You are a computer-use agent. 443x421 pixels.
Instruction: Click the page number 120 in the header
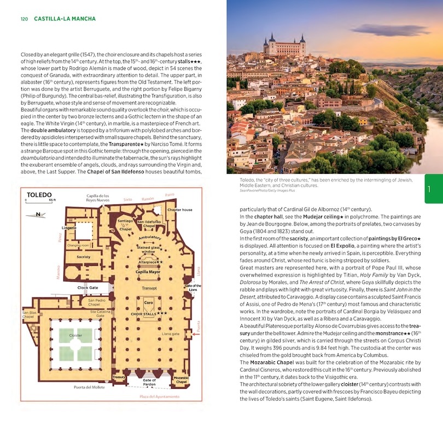tap(24, 19)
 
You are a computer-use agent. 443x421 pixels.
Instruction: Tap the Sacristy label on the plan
tap(83, 256)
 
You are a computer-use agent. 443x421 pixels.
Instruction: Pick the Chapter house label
tap(179, 209)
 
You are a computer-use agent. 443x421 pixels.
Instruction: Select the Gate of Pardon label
tap(149, 382)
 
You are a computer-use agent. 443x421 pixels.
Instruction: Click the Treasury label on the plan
tap(119, 377)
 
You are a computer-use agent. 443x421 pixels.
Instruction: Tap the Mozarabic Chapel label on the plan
tap(181, 379)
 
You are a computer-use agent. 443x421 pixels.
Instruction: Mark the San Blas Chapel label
tap(28, 314)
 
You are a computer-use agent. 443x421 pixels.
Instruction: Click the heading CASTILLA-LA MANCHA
tap(65, 19)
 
